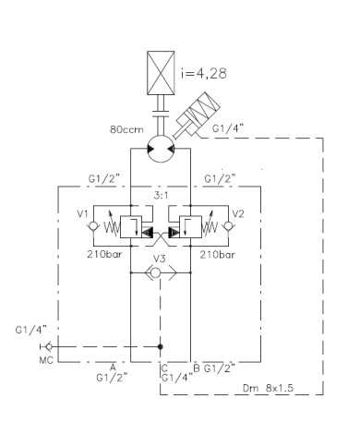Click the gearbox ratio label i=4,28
(204, 73)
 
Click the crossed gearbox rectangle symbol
(161, 73)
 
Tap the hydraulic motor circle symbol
(161, 149)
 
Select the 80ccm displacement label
(126, 129)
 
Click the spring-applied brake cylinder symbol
(197, 115)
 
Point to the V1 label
(82, 213)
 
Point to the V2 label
(238, 213)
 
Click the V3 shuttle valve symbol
(161, 272)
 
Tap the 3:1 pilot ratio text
(161, 195)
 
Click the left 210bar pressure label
(104, 254)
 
